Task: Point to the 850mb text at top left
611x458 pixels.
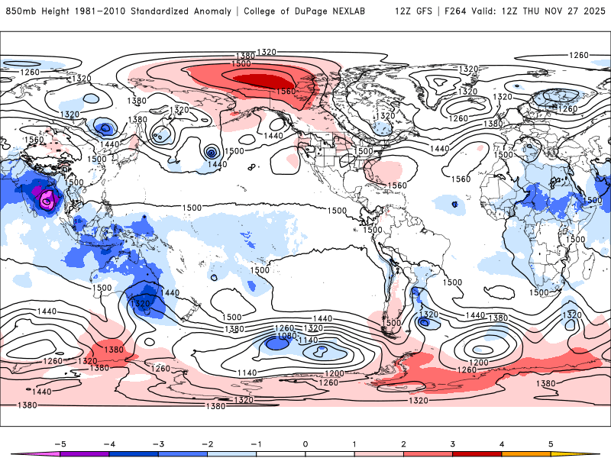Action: [x=21, y=11]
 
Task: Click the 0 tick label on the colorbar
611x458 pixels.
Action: [x=305, y=443]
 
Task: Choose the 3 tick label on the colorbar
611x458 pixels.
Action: [x=453, y=443]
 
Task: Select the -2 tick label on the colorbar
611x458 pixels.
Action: [x=207, y=443]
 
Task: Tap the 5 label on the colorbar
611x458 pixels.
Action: [x=551, y=443]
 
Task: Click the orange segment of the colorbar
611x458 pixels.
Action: [x=526, y=453]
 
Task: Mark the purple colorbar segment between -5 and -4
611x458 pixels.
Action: [x=85, y=453]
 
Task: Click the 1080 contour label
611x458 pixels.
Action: [x=286, y=336]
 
